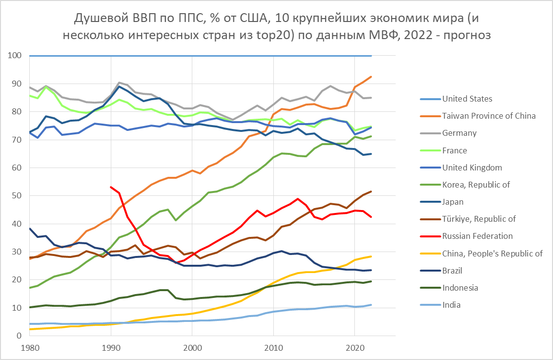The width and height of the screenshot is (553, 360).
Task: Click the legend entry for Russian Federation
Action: coord(477,236)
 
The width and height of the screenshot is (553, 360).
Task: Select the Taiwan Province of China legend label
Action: coord(489,116)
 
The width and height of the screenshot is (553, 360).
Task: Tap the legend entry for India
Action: coord(451,305)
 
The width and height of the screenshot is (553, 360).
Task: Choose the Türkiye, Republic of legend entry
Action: coord(479,219)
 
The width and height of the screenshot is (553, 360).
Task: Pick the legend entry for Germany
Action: coord(458,133)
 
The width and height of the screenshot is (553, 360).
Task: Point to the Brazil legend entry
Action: coord(452,270)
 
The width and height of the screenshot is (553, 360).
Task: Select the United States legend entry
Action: coord(467,99)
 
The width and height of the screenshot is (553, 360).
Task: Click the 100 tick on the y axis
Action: coord(15,56)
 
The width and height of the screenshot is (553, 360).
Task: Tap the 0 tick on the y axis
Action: coord(19,336)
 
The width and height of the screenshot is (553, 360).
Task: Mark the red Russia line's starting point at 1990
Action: coord(111,187)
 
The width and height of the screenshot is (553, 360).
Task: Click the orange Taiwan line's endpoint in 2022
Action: coord(371,77)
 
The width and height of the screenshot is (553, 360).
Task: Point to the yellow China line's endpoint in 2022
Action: coord(371,256)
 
